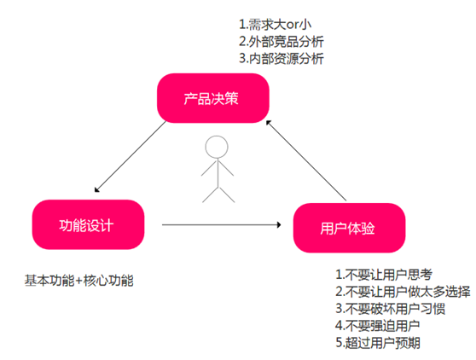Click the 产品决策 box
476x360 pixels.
point(212,98)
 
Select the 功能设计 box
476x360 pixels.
point(88,224)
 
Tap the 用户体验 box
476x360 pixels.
point(349,228)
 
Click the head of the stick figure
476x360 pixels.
point(217,147)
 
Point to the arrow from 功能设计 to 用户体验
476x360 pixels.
point(222,225)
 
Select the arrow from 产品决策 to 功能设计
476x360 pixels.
point(131,157)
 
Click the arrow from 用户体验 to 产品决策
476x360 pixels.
point(306,160)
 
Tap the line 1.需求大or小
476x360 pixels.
point(275,25)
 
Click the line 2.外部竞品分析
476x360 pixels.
point(282,42)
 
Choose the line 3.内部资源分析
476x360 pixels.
point(282,59)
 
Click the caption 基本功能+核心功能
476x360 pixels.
point(79,281)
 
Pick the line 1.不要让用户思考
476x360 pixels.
point(384,275)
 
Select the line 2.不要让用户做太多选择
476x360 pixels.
point(403,292)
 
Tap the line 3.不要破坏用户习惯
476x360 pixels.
point(390,309)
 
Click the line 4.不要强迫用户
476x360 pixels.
point(378,326)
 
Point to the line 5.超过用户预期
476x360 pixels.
point(378,343)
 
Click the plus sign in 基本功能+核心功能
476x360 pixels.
point(79,281)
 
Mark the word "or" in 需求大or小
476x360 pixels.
point(292,26)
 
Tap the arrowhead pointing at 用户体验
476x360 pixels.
point(279,225)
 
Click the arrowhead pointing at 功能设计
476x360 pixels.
point(97,190)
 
